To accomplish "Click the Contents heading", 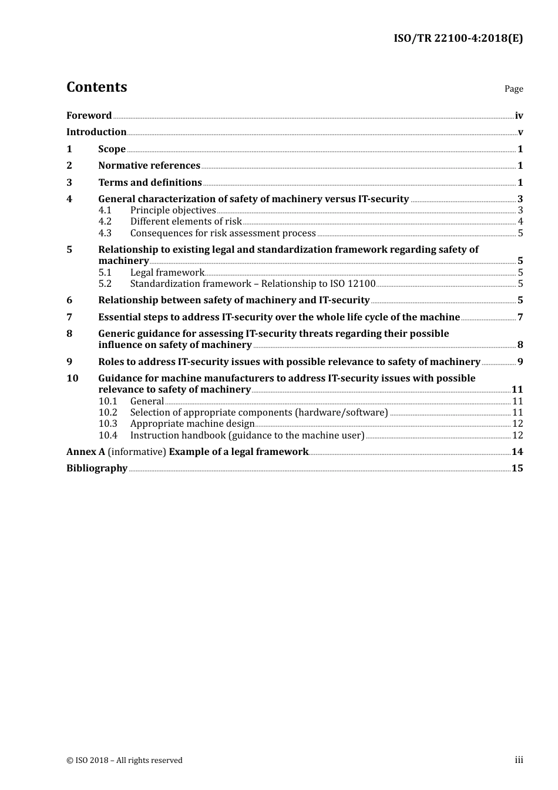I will (x=96, y=87).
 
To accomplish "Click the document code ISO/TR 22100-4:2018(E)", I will (x=458, y=38).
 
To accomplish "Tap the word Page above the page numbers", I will (x=513, y=89).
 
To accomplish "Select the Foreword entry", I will (x=89, y=116).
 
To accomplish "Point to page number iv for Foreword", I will (x=519, y=116).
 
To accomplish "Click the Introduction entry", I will (x=96, y=132).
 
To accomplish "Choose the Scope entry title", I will (x=112, y=149).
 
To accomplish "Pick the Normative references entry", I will (x=149, y=166).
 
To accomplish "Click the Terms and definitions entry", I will (x=150, y=183).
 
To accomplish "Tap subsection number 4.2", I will (x=105, y=222).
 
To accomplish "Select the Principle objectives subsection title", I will (x=173, y=210).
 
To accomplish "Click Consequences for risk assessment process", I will (x=223, y=233).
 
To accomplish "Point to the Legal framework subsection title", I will (x=167, y=273).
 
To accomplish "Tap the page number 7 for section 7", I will (x=520, y=317).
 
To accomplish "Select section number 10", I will (x=72, y=379).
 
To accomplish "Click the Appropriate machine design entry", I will (x=192, y=424).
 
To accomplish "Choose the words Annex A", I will (x=86, y=452).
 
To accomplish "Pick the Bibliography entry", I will (x=97, y=468).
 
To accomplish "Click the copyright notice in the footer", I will (x=125, y=761).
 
